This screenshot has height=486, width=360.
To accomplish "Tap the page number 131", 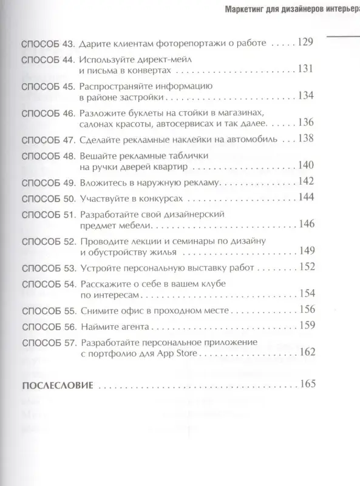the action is point(305,69).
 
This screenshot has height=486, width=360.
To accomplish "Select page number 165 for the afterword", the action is point(305,385).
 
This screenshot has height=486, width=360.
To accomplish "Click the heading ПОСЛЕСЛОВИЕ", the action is point(56,386).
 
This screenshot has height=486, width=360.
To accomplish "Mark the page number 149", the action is point(305,251).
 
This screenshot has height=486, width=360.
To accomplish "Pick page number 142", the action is point(305,182).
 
